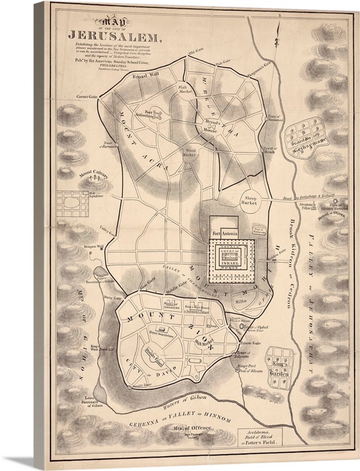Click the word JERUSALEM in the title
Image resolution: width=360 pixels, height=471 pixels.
pos(114,35)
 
